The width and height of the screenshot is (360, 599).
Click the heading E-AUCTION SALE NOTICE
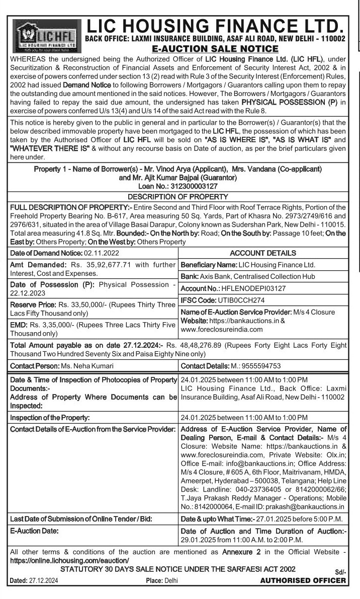215,48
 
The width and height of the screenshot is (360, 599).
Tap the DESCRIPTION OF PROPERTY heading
178,196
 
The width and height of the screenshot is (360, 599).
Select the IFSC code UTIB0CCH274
238,301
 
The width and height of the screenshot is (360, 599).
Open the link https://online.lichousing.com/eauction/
69,559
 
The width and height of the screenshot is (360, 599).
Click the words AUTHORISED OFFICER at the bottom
303,580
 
